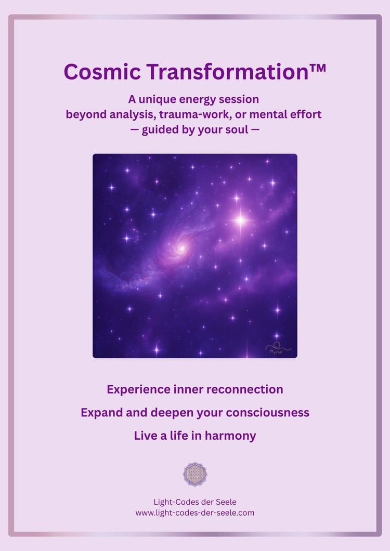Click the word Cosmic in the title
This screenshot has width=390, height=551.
[102, 72]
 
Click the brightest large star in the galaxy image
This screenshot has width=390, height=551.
[240, 220]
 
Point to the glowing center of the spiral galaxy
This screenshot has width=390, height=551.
[182, 248]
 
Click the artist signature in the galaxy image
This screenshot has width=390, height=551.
[278, 347]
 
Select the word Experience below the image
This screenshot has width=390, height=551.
[139, 389]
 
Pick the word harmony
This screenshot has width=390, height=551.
[230, 436]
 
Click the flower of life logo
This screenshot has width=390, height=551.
[195, 474]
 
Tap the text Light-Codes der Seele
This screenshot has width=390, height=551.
[195, 502]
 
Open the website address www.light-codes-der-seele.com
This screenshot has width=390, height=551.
[195, 513]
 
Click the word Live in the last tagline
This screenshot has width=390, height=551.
[146, 436]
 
